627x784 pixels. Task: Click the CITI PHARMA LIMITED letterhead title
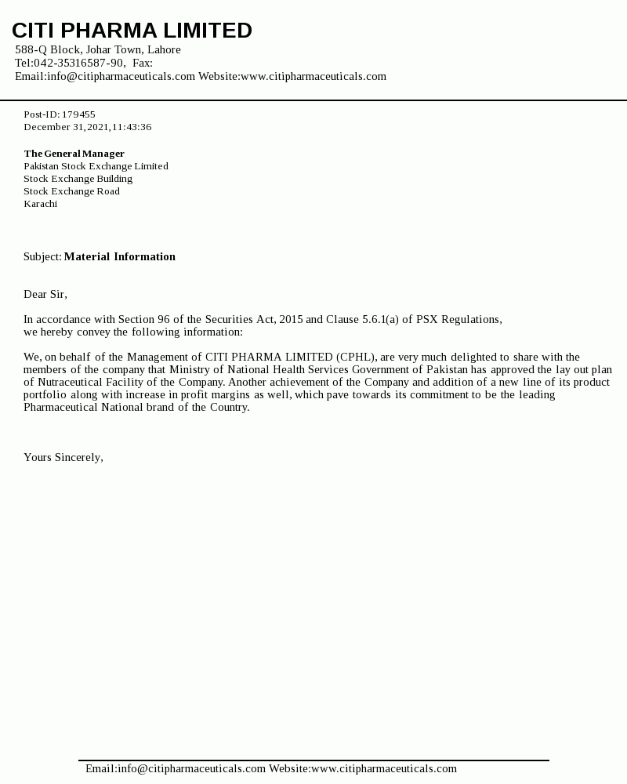pos(132,31)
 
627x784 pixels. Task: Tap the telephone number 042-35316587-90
pos(78,63)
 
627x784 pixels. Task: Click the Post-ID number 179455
pos(78,114)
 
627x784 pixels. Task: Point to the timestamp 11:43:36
pos(132,127)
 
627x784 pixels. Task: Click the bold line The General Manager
pos(74,154)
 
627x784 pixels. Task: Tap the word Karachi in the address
pos(40,204)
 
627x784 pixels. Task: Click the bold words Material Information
pos(119,256)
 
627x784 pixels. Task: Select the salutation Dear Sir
pos(45,294)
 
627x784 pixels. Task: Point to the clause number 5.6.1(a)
pos(380,319)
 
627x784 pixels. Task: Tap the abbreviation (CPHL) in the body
pos(356,357)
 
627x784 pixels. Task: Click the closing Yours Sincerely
pos(63,457)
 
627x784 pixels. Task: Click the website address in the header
pos(313,76)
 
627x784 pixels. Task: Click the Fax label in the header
pos(142,63)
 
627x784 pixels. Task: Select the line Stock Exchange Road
pos(71,191)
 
